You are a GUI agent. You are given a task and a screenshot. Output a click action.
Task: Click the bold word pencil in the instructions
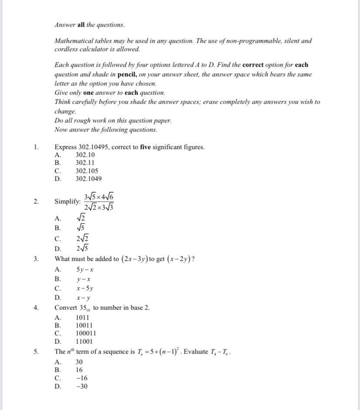pyautogui.click(x=127, y=74)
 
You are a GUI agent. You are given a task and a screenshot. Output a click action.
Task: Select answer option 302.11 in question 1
pyautogui.click(x=85, y=163)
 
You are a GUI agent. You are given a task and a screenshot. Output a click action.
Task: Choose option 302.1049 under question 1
pyautogui.click(x=88, y=179)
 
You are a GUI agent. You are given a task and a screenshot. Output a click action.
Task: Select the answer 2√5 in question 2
pyautogui.click(x=83, y=249)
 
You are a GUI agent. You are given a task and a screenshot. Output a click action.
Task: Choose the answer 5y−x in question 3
pyautogui.click(x=85, y=270)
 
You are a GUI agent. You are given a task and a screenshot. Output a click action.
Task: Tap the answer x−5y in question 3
pyautogui.click(x=85, y=288)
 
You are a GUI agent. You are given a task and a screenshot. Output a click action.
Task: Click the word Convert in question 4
pyautogui.click(x=66, y=308)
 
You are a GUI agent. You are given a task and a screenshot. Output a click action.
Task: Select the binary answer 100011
pyautogui.click(x=86, y=334)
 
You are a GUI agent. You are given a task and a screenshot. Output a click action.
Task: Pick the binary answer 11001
pyautogui.click(x=84, y=342)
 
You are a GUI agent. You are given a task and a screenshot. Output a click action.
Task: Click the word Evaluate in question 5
pyautogui.click(x=196, y=352)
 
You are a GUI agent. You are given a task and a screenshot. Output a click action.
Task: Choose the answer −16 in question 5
pyautogui.click(x=82, y=378)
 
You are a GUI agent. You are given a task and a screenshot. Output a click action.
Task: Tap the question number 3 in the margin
pyautogui.click(x=37, y=259)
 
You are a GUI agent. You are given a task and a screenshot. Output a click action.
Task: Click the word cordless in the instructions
pyautogui.click(x=66, y=50)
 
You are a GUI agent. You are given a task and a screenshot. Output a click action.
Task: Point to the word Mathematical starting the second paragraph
pyautogui.click(x=74, y=41)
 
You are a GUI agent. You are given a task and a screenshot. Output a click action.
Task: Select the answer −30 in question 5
pyautogui.click(x=82, y=386)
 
